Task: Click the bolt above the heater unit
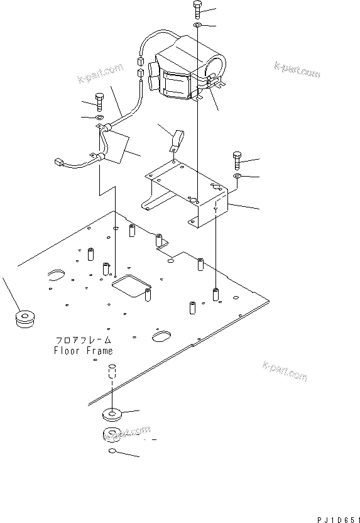[197, 9]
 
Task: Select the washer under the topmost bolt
[197, 25]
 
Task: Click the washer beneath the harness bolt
[99, 118]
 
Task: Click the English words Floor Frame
[84, 351]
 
